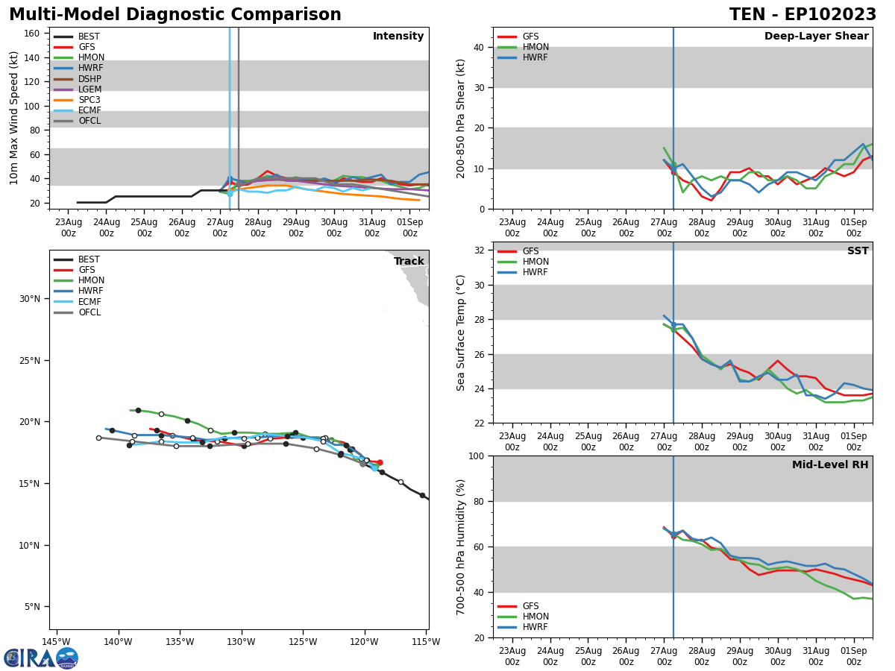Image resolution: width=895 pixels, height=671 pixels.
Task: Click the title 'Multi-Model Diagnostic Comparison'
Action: pos(175,15)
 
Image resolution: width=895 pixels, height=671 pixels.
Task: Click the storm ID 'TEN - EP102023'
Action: pos(803,15)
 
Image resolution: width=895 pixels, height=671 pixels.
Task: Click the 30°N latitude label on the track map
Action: pos(30,299)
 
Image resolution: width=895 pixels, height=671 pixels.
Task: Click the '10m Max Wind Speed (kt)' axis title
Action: pos(15,118)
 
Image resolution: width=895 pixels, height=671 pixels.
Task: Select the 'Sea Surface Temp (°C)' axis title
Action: pos(461,333)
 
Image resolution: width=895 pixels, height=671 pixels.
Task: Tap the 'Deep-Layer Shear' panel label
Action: pos(816,37)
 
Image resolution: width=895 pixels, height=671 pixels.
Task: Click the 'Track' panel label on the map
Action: pos(409,262)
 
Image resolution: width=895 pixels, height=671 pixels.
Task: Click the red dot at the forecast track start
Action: pos(379,463)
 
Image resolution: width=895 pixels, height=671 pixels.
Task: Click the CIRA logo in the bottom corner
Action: pos(41,658)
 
